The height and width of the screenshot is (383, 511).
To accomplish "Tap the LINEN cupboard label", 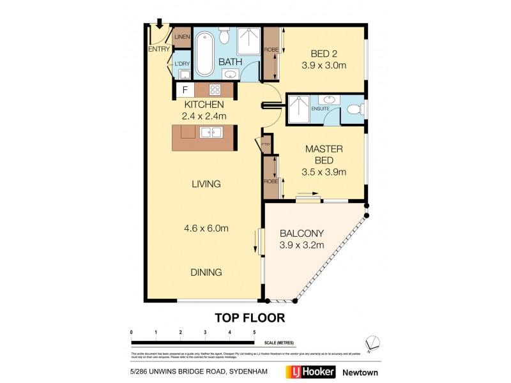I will click(x=182, y=38).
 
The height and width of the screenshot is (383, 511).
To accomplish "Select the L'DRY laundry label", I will click(x=181, y=64).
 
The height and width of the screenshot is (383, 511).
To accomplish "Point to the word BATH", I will click(x=229, y=62).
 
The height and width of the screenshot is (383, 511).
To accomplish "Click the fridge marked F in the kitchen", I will click(x=185, y=90).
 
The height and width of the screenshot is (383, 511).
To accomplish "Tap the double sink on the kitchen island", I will click(x=211, y=133).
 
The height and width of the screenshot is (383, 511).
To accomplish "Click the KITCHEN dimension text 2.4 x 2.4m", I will click(x=204, y=116).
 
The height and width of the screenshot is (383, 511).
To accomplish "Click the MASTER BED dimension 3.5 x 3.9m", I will click(x=324, y=171).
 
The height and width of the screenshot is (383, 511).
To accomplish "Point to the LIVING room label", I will click(x=206, y=184).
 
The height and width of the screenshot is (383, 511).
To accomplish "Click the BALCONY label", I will click(x=301, y=233).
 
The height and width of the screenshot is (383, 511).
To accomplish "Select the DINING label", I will click(x=205, y=272).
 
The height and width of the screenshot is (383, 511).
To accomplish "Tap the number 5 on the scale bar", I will click(x=254, y=333).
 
